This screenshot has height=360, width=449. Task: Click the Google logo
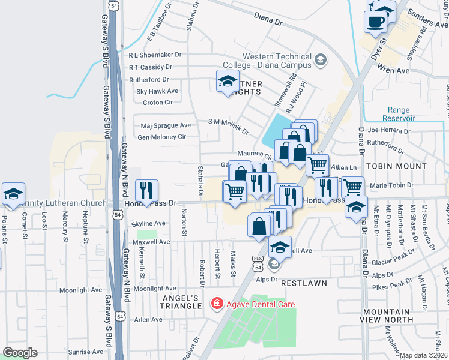pyautogui.click(x=20, y=353)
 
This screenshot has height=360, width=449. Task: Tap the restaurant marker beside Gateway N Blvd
pyautogui.click(x=146, y=190)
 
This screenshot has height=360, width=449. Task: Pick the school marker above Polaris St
pyautogui.click(x=13, y=193)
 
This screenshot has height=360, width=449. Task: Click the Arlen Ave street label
pyautogui.click(x=148, y=320)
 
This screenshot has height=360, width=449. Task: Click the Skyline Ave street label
pyautogui.click(x=148, y=223)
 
